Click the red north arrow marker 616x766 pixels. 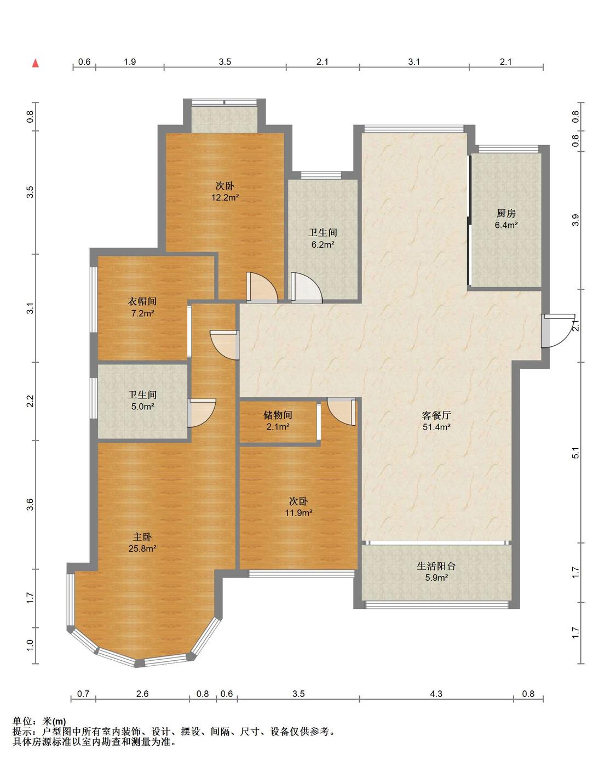(x=36, y=64)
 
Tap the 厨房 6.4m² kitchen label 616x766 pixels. (x=506, y=219)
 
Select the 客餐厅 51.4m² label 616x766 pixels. (x=436, y=421)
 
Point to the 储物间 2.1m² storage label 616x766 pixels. (x=278, y=420)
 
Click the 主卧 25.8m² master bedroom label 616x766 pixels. (x=142, y=542)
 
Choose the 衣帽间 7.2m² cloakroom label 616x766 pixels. (x=142, y=307)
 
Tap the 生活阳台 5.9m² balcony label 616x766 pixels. (x=436, y=571)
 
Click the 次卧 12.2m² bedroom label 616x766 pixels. (x=225, y=191)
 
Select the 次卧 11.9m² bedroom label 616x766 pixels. (x=298, y=507)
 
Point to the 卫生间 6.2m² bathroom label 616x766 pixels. (x=323, y=238)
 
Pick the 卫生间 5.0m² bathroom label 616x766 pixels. (x=142, y=401)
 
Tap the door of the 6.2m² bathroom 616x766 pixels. (x=307, y=288)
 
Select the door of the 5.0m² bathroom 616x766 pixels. (x=202, y=413)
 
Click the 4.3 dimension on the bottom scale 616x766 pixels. (x=436, y=694)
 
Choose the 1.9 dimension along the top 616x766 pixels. (x=130, y=62)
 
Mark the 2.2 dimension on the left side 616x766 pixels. (x=30, y=401)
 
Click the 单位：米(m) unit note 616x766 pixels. (x=39, y=722)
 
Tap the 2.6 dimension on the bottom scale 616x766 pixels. (x=142, y=694)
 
